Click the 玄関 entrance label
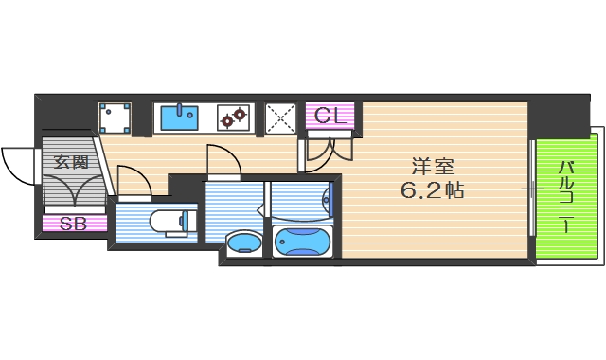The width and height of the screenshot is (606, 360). tap(71, 162)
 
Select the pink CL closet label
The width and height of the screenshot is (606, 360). tap(330, 117)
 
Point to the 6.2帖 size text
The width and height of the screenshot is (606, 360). tap(432, 189)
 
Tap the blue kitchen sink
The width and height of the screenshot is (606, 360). tap(179, 117)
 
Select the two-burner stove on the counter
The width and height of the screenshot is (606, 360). tap(233, 117)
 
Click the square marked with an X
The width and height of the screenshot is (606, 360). tap(280, 117)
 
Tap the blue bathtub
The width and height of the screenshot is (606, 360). tap(302, 241)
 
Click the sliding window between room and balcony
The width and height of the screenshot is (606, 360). tap(532, 189)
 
